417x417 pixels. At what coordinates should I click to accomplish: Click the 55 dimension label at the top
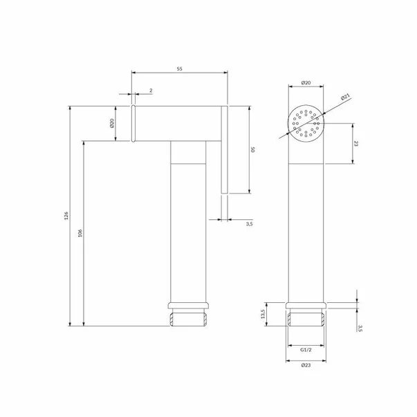click(x=180, y=69)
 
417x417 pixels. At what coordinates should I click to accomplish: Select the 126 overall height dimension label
click(x=66, y=216)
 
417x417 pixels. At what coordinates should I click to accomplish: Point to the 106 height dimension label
click(x=80, y=233)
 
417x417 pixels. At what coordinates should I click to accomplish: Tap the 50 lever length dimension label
click(x=253, y=149)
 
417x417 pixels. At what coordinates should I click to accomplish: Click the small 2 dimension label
click(x=151, y=91)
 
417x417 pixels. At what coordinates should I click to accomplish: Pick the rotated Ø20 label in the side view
click(x=112, y=123)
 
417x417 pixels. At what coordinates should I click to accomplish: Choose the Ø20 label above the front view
click(x=306, y=83)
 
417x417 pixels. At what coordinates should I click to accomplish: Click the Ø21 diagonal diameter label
click(x=346, y=97)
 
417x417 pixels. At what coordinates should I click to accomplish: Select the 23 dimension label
click(x=356, y=143)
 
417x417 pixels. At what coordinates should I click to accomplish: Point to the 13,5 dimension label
click(x=263, y=314)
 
